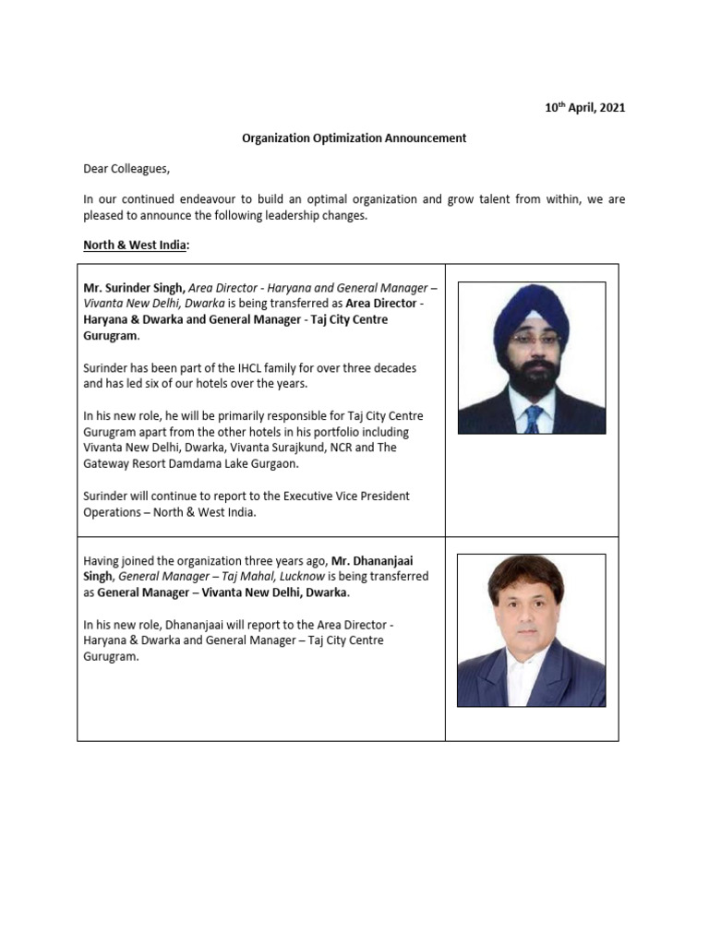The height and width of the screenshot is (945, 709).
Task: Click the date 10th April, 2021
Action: (x=584, y=108)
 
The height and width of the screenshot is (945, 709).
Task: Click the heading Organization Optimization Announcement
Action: (x=354, y=138)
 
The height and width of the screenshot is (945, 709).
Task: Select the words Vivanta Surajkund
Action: (x=258, y=449)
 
